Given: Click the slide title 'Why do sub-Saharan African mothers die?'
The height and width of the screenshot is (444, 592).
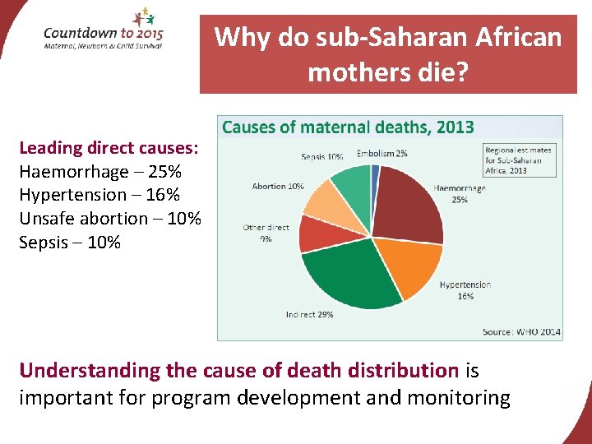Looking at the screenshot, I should click(388, 54).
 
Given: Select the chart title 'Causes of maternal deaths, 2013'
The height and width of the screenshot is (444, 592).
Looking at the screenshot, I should click(348, 127).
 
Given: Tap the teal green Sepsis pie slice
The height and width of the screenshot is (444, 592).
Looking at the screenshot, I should click(352, 184).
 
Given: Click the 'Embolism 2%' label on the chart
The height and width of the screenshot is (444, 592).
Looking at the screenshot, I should click(382, 153).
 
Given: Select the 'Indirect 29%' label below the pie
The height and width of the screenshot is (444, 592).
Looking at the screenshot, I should click(309, 315).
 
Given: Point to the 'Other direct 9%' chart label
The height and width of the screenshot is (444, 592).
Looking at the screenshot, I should click(266, 233).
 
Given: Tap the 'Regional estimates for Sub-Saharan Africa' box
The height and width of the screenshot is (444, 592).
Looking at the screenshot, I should click(519, 160).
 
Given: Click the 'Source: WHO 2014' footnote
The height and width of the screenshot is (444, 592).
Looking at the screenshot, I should click(521, 331).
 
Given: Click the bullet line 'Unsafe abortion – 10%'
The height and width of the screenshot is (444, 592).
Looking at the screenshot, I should click(109, 219).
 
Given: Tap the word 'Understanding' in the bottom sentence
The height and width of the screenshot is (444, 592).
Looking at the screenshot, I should click(90, 371).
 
